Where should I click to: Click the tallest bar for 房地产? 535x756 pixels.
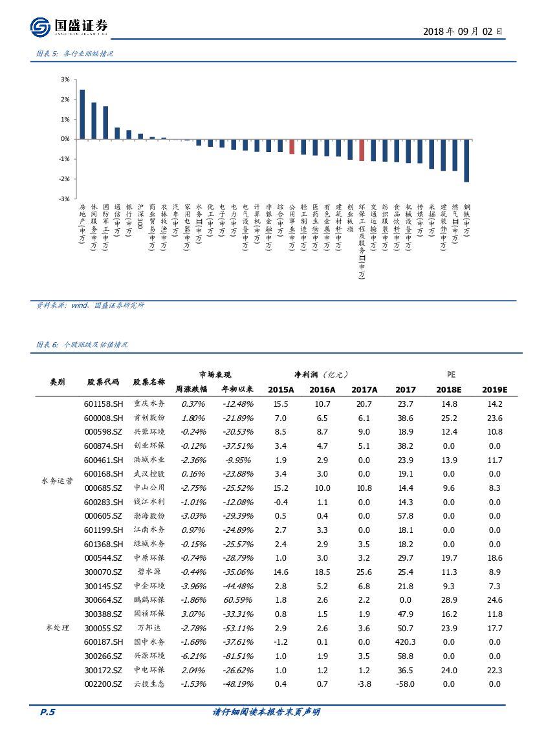coord(82,114)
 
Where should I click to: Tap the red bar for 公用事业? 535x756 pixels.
coord(292,147)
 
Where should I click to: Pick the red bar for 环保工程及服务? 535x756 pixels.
coord(362,150)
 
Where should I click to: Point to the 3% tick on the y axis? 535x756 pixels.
coord(65,80)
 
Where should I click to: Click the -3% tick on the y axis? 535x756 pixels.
coord(64,199)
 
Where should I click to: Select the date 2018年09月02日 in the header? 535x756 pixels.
coord(462,31)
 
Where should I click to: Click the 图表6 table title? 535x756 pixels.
coord(82,345)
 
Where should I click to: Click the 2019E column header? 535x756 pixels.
coord(495,389)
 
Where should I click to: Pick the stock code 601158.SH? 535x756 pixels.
coord(104,404)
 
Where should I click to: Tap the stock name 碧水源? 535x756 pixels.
coord(149,572)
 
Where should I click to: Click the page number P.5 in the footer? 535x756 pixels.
coord(48,712)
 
